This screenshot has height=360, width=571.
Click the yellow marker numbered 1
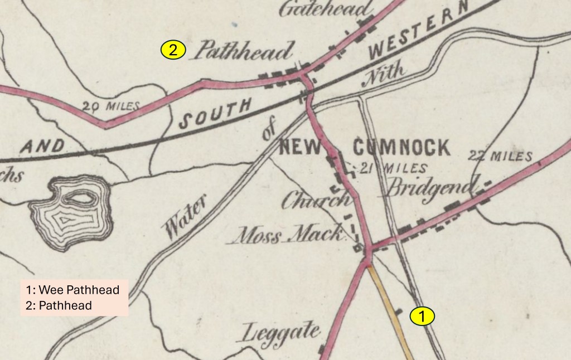pyautogui.click(x=422, y=316)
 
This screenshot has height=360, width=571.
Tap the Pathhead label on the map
pyautogui.click(x=243, y=52)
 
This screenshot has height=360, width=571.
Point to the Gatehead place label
pyautogui.click(x=325, y=9)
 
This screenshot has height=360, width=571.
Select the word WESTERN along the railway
pyautogui.click(x=417, y=37)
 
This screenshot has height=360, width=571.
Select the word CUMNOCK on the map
pyautogui.click(x=401, y=148)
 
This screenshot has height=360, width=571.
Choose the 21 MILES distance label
pyautogui.click(x=394, y=168)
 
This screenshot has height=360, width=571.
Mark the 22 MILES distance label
pyautogui.click(x=501, y=156)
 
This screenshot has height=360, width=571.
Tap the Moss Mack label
pyautogui.click(x=288, y=235)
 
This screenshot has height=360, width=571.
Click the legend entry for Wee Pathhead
pyautogui.click(x=73, y=290)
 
